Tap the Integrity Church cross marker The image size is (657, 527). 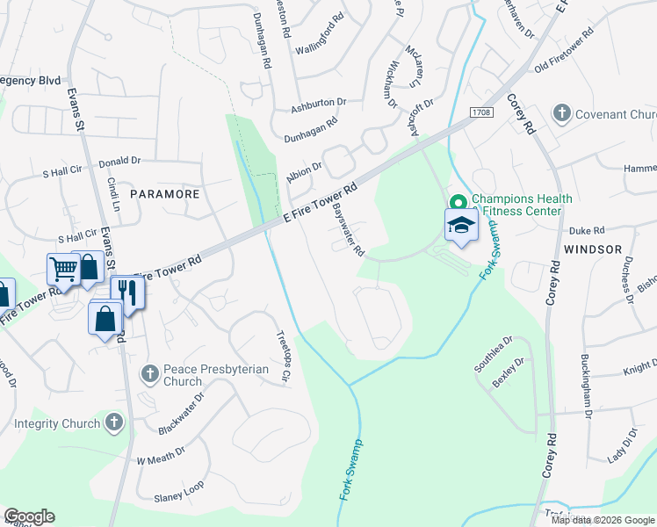pyautogui.click(x=112, y=423)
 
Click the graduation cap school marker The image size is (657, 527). pyautogui.click(x=461, y=225)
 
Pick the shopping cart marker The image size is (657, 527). pyautogui.click(x=63, y=268)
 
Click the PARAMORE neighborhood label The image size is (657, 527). pyautogui.click(x=165, y=193)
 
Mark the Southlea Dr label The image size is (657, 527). pyautogui.click(x=493, y=355)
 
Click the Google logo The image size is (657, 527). pyautogui.click(x=29, y=516)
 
